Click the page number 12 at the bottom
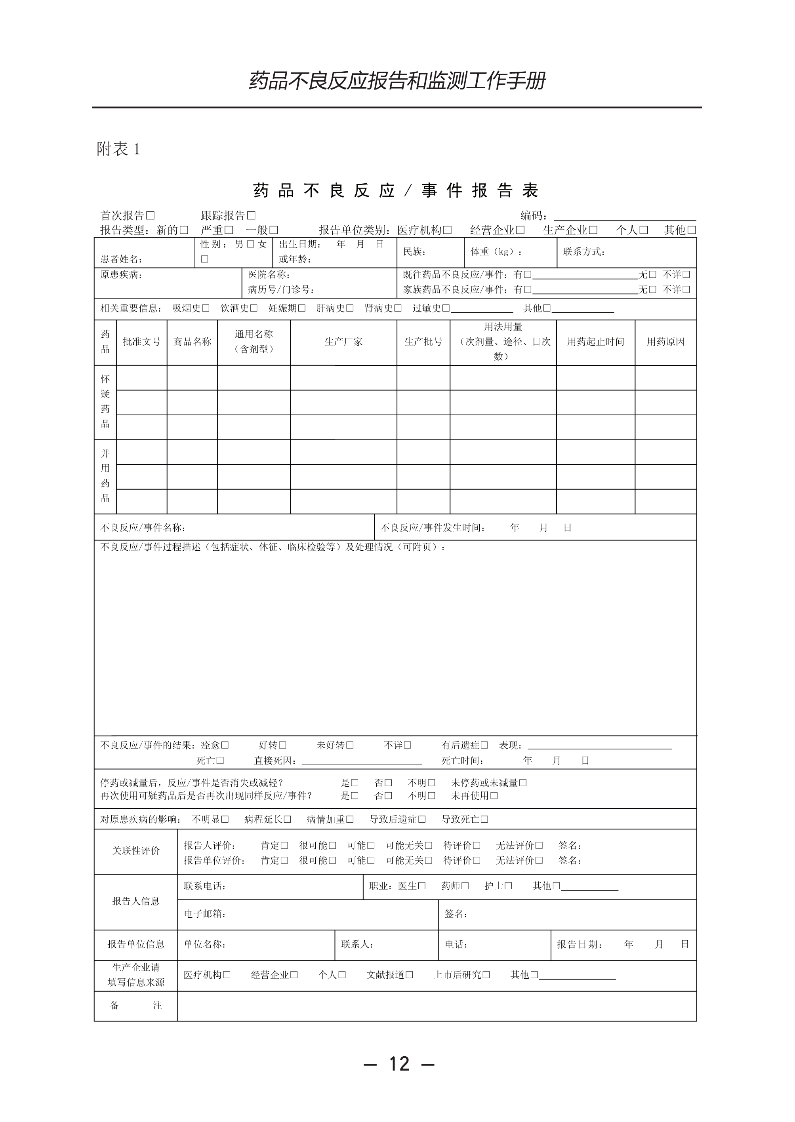(x=399, y=1064)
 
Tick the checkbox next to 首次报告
(x=151, y=215)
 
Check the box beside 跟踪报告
(x=251, y=215)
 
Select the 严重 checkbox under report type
(x=229, y=230)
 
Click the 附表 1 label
(x=118, y=149)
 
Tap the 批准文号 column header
(x=141, y=342)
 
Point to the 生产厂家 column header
(x=344, y=342)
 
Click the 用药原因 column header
(x=665, y=342)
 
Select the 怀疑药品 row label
(x=105, y=402)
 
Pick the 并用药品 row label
(x=105, y=476)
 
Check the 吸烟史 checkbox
(x=206, y=308)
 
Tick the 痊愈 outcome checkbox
(x=225, y=745)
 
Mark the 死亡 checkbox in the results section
(x=220, y=761)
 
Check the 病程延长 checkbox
(x=287, y=819)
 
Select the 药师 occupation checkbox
(x=465, y=886)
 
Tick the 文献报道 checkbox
(x=409, y=975)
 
